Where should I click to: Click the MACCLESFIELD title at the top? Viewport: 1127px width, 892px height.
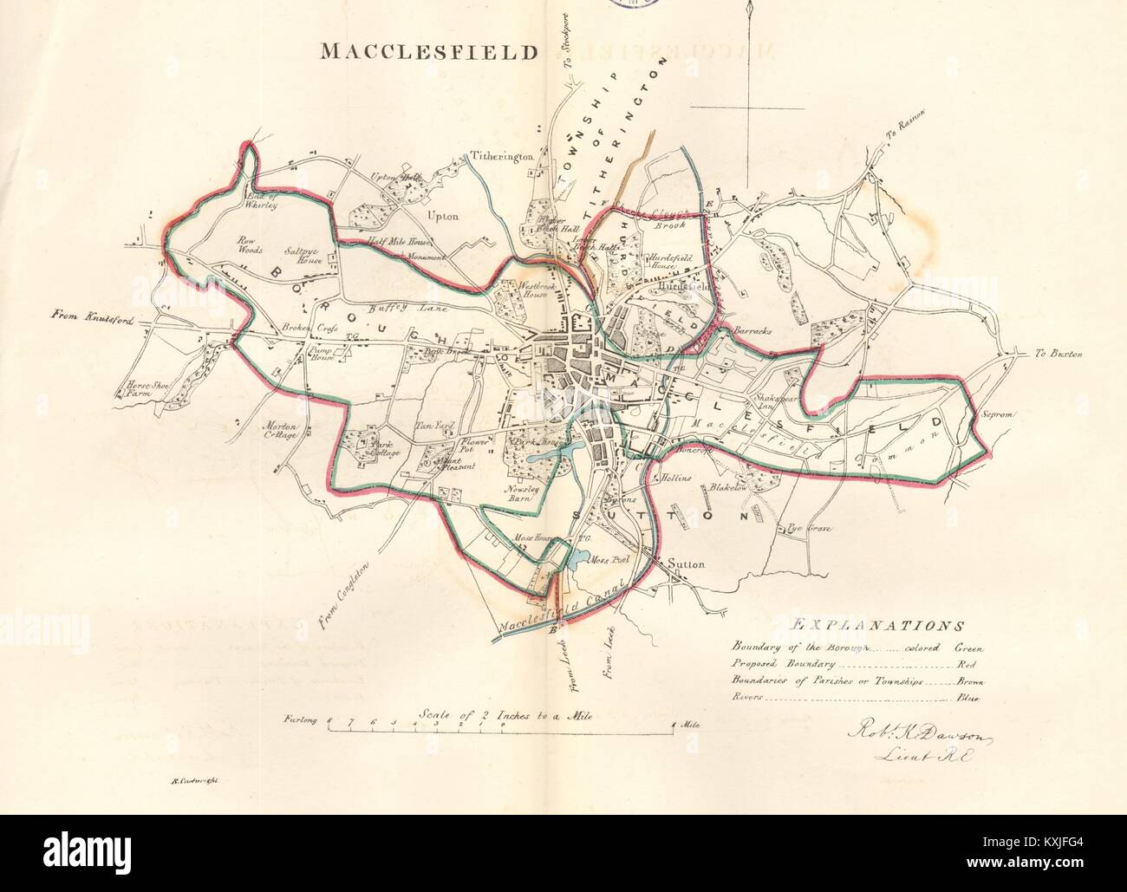pyautogui.click(x=429, y=51)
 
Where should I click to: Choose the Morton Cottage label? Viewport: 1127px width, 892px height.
pyautogui.click(x=281, y=431)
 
